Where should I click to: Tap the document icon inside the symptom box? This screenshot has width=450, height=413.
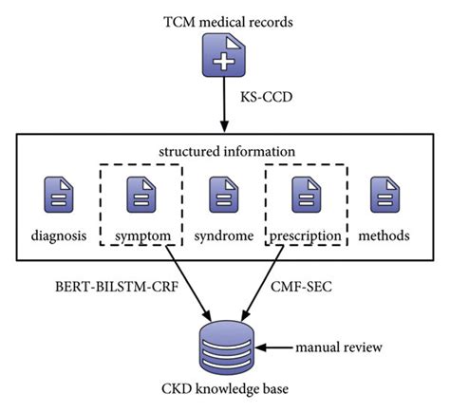[141, 195]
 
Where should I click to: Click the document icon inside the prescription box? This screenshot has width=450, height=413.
[306, 195]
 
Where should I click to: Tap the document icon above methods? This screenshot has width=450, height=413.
[384, 195]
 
